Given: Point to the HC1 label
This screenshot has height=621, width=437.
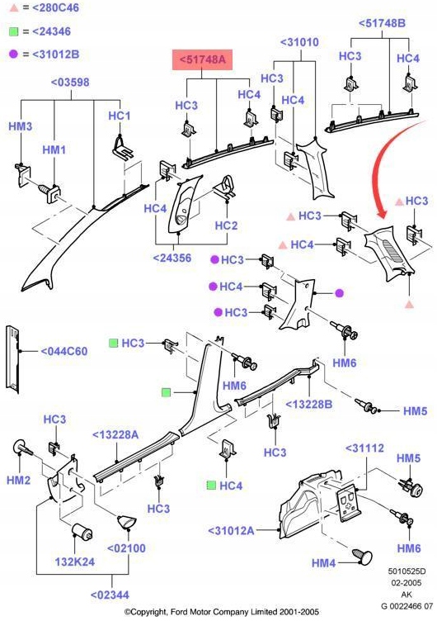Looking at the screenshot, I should [x=120, y=116].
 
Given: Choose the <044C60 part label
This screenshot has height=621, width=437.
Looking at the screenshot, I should [x=64, y=352].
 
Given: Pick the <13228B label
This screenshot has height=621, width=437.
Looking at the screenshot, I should [x=309, y=404].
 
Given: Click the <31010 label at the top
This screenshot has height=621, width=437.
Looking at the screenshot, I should [x=299, y=41].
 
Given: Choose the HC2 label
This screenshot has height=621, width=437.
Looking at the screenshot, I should [x=226, y=225].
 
